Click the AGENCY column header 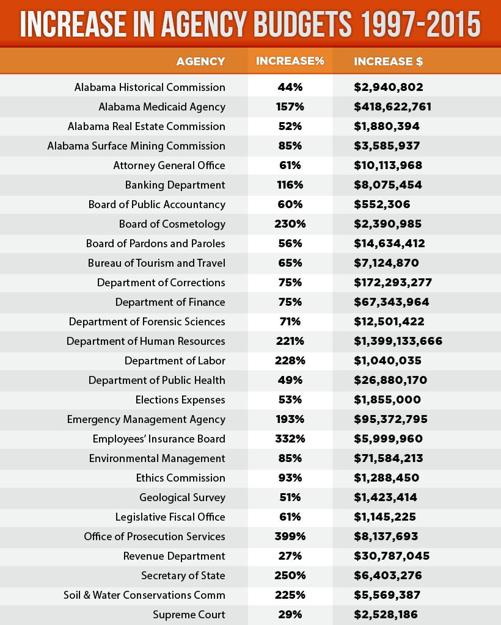pos(200,62)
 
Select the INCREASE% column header pos(290,61)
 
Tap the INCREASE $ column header pos(388,62)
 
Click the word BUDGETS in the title pos(303,24)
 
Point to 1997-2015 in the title pos(420,24)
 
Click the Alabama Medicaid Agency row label pos(162,107)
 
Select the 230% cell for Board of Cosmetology pos(290,224)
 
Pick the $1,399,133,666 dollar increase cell pos(398,341)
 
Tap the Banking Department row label pos(175,185)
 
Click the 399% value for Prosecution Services pos(290,536)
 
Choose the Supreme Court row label pos(189,615)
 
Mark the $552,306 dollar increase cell pos(382,204)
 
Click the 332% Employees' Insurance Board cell pos(290,439)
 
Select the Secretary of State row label pos(183,576)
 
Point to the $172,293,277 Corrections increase pos(393,283)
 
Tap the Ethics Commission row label pos(181,478)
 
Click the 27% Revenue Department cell pos(290,556)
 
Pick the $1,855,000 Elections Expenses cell pos(387,400)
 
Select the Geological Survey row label pos(182,497)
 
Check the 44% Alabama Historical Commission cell pos(290,87)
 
